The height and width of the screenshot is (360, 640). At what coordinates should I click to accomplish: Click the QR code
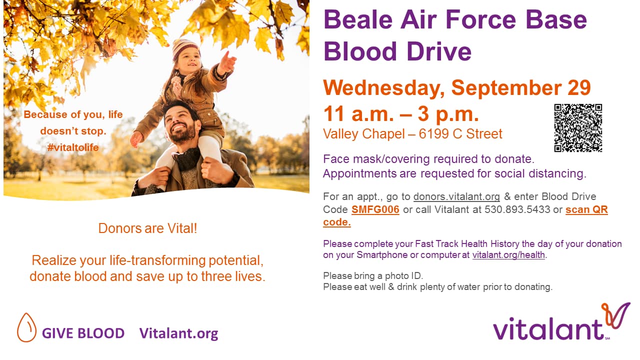(x=578, y=127)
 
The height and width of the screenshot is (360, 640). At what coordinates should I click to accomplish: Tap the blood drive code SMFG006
(x=375, y=209)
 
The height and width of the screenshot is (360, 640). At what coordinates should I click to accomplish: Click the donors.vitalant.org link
(x=456, y=196)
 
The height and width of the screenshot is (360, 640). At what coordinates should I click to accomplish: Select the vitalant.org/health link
(x=508, y=254)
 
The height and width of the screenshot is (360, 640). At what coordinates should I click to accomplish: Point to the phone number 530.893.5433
(x=517, y=209)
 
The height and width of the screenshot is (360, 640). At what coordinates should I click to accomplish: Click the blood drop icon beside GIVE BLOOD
(x=26, y=327)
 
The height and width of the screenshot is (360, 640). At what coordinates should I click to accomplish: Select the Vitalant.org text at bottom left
(x=178, y=333)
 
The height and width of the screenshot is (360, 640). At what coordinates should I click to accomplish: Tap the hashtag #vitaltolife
(x=73, y=147)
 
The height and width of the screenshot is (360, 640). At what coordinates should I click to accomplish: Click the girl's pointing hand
(x=227, y=62)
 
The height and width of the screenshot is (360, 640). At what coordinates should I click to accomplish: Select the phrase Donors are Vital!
(x=147, y=228)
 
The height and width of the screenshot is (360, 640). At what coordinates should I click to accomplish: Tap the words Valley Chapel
(x=364, y=134)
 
